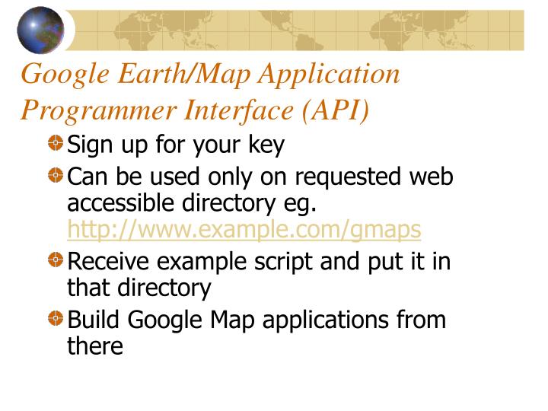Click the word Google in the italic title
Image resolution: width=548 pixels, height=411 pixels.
pos(66,75)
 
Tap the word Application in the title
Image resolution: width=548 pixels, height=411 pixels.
pos(330,74)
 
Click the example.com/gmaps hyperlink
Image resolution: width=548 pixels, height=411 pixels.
pos(244,228)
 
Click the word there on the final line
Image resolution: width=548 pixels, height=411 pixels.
pos(95,346)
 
